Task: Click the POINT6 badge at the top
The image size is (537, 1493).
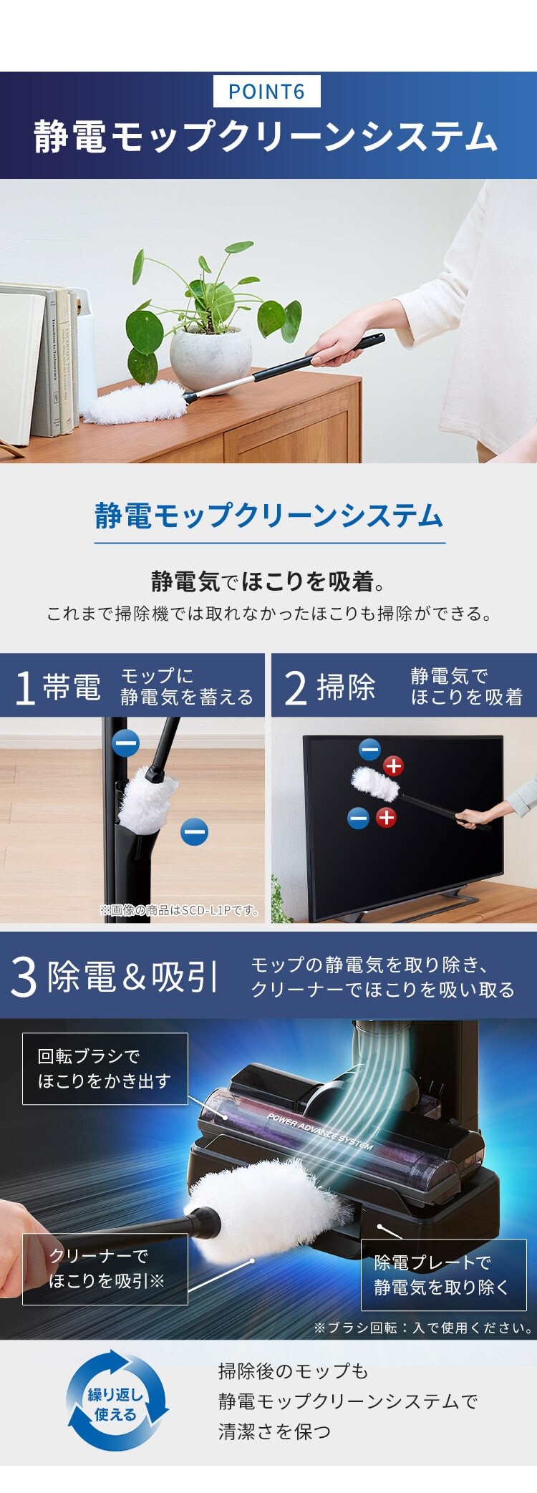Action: pos(267,92)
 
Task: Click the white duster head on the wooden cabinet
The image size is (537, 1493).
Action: pos(136,402)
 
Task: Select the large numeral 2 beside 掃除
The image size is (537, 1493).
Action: pos(296,687)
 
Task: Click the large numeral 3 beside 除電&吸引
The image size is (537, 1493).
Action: pos(24,977)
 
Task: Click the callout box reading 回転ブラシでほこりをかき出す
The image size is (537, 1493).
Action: pos(105,1068)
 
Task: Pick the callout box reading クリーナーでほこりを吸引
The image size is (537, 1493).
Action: pos(105,1269)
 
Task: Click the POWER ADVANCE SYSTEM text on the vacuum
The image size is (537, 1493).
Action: pos(320,1132)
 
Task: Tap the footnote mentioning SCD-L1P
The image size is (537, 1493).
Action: pos(180,910)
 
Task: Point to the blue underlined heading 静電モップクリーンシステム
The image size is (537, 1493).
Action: pos(269,516)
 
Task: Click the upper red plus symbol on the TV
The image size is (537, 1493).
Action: pos(393,765)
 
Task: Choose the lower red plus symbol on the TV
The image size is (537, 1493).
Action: pos(386,817)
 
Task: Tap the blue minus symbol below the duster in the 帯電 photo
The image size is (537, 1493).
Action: pos(194,832)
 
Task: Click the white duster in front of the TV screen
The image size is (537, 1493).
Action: pos(375,784)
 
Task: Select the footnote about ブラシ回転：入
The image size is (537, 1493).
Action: pos(423,1328)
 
